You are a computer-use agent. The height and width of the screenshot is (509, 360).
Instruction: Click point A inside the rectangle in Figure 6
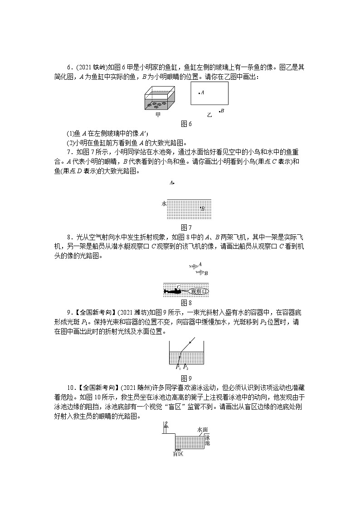(199, 93)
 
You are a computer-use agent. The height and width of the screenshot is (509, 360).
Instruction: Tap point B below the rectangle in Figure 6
(219, 111)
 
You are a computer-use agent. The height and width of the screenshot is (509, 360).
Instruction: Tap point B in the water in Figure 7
(201, 208)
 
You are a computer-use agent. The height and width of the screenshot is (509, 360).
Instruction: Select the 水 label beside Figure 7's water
(164, 204)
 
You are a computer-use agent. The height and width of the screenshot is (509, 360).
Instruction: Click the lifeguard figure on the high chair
(166, 426)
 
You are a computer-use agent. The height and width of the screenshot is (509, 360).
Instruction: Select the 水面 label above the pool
(203, 429)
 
